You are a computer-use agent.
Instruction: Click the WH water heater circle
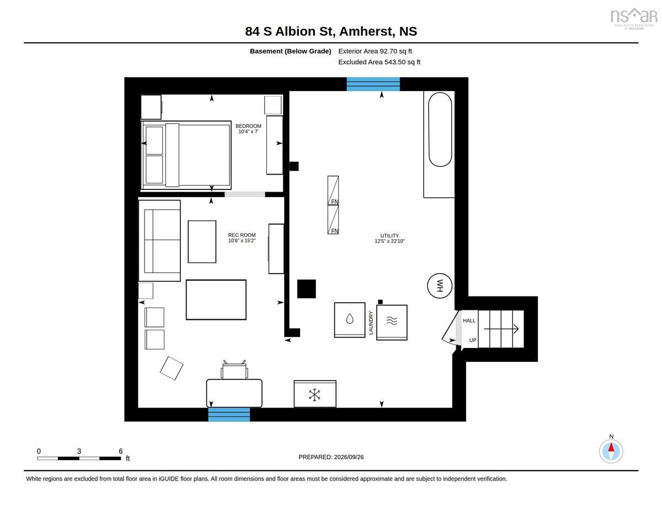[x=440, y=286]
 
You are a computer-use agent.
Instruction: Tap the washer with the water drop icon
[x=350, y=320]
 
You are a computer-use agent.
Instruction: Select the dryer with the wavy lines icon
[x=392, y=323]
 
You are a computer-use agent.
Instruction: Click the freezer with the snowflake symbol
[x=315, y=394]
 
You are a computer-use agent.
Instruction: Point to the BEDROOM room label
[x=248, y=126]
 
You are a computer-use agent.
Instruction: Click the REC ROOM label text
[x=242, y=235]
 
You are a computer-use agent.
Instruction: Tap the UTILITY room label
[x=389, y=236]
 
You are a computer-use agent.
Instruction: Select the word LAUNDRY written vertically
[x=371, y=323]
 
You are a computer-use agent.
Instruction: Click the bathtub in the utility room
[x=440, y=130]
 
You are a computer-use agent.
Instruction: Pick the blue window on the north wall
[x=373, y=84]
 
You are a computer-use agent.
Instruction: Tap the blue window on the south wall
[x=229, y=414]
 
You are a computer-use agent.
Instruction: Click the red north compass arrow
[x=611, y=447]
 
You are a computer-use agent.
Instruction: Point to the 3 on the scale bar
[x=79, y=451]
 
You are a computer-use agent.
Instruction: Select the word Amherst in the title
[x=366, y=31]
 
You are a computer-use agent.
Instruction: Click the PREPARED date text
[x=331, y=457]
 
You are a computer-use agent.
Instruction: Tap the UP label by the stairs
[x=473, y=340]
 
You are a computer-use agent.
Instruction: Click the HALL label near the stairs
[x=469, y=320]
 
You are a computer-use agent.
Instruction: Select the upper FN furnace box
[x=333, y=191]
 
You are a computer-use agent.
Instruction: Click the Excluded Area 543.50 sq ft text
[x=380, y=62]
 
